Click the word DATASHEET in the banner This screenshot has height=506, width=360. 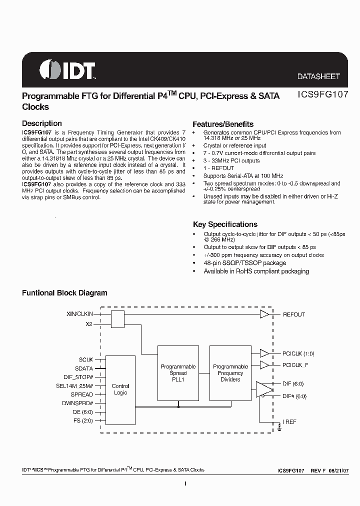point(318,76)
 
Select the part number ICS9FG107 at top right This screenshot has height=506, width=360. point(319,95)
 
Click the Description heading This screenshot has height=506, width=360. point(42,123)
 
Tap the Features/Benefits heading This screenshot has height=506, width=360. point(223,124)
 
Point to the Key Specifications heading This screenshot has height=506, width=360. point(225,224)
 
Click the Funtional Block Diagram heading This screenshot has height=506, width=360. point(64,293)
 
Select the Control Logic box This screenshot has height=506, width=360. point(120,389)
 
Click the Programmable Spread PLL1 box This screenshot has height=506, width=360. point(178,373)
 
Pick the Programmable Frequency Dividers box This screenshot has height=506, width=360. point(230,373)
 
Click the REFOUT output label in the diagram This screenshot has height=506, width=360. point(294,314)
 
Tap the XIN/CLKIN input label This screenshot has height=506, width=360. point(80,314)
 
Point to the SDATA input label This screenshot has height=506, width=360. point(83,368)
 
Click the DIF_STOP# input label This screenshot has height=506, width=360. point(79,376)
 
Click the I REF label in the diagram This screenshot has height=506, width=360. point(289,422)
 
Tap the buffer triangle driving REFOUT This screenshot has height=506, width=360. point(264,314)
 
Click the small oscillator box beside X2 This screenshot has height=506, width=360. point(117,319)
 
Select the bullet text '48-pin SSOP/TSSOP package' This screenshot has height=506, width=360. point(244,263)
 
